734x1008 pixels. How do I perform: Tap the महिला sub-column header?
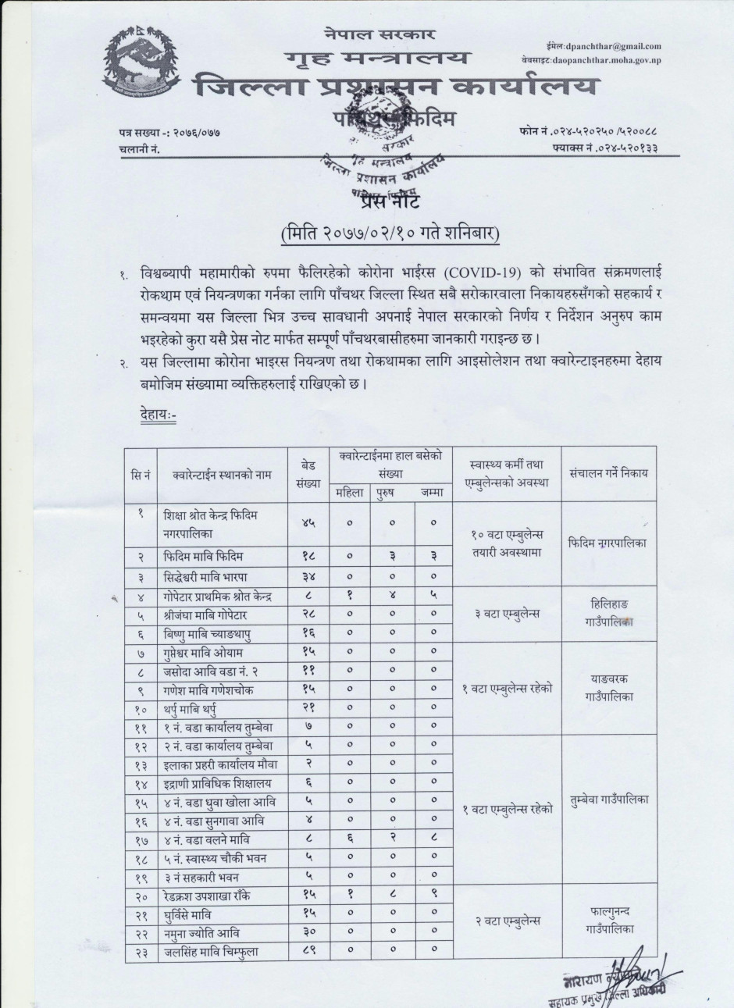(349, 492)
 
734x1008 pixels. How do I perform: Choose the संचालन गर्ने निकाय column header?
(608, 473)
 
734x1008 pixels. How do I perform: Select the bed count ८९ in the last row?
(307, 951)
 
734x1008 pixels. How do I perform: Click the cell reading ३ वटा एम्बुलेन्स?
(506, 614)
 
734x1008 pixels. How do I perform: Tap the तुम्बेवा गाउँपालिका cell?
(608, 800)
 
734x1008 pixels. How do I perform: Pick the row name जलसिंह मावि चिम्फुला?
(212, 951)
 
